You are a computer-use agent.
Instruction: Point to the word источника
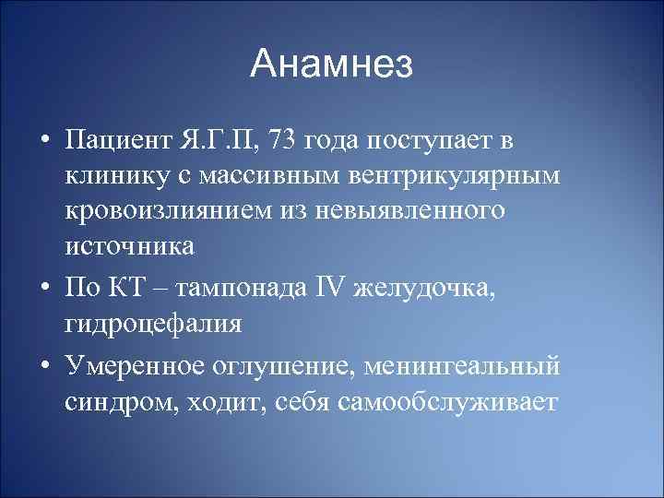click(129, 246)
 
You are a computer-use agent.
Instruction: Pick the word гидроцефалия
click(153, 325)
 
